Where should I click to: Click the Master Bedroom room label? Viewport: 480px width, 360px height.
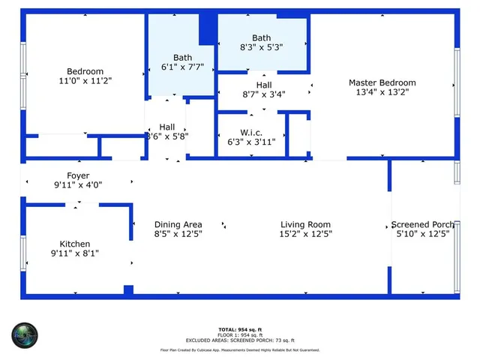point(382,82)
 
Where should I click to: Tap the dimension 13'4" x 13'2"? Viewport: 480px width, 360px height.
point(382,92)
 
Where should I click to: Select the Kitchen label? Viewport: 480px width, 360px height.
point(75,244)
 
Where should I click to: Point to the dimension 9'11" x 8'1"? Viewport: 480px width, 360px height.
point(75,253)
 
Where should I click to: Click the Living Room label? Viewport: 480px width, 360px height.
point(305,224)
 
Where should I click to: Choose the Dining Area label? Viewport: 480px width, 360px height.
point(178,224)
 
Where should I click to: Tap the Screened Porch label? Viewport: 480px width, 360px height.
point(422,224)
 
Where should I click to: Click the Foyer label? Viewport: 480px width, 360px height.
point(77,175)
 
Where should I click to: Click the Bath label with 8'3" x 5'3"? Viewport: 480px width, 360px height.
point(261,37)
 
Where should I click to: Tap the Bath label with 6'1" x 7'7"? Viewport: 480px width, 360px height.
point(182,57)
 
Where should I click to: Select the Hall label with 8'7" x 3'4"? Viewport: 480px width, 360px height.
point(263,85)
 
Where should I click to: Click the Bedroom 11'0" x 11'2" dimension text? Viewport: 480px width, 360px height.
point(85,81)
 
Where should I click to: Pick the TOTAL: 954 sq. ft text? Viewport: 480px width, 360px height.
point(240,329)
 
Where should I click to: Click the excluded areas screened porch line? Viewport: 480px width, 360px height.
point(240,340)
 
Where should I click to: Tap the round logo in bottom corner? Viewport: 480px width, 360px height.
point(24,334)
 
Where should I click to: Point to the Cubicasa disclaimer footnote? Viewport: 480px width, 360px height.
point(240,350)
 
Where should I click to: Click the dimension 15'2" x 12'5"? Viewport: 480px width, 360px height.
point(305,234)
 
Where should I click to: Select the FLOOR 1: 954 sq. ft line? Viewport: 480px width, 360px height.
point(240,334)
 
